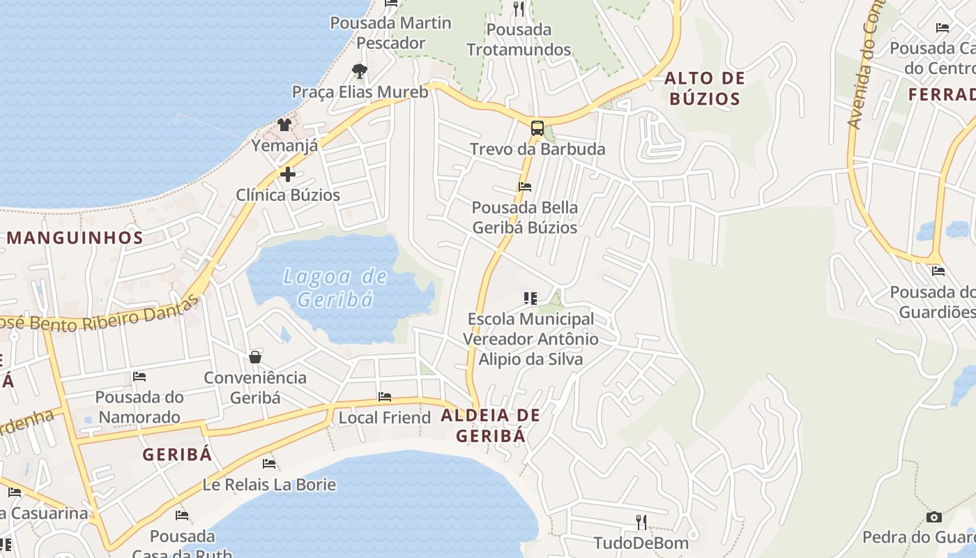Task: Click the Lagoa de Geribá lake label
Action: tap(335, 287)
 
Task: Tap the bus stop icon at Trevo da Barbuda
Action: tap(537, 128)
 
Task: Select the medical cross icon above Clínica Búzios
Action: tap(287, 174)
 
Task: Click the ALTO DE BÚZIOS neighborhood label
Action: tap(704, 88)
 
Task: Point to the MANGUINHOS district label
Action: tap(75, 237)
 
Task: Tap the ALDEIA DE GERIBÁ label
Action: tap(490, 425)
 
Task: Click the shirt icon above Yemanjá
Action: tap(284, 125)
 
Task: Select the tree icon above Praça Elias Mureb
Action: tap(359, 70)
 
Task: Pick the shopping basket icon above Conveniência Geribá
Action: tap(255, 357)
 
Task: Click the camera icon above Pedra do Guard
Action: tap(933, 517)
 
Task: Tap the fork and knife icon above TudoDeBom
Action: tap(641, 522)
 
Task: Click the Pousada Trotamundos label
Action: tap(519, 40)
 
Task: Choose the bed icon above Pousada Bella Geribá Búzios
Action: tap(525, 186)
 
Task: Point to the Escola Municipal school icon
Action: tap(531, 299)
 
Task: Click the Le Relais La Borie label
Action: tap(269, 484)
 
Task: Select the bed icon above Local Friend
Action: tap(384, 397)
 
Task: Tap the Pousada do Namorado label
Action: tap(139, 407)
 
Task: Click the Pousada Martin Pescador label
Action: tap(390, 33)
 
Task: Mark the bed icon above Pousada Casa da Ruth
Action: tap(182, 515)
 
